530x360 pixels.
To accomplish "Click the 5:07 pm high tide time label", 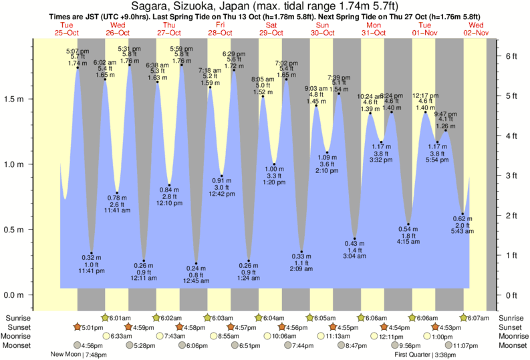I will point(78,51).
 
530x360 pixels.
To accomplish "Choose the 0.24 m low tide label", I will point(196,268).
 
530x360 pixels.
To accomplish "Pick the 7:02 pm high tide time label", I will point(286,63).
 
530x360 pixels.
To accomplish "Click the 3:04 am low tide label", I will point(354,256).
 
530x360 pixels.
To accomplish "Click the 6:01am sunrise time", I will point(120,318).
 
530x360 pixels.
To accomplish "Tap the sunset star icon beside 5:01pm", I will point(78,327).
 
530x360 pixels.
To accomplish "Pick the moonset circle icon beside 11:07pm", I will point(447,345).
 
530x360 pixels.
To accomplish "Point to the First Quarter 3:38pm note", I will point(425,355).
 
